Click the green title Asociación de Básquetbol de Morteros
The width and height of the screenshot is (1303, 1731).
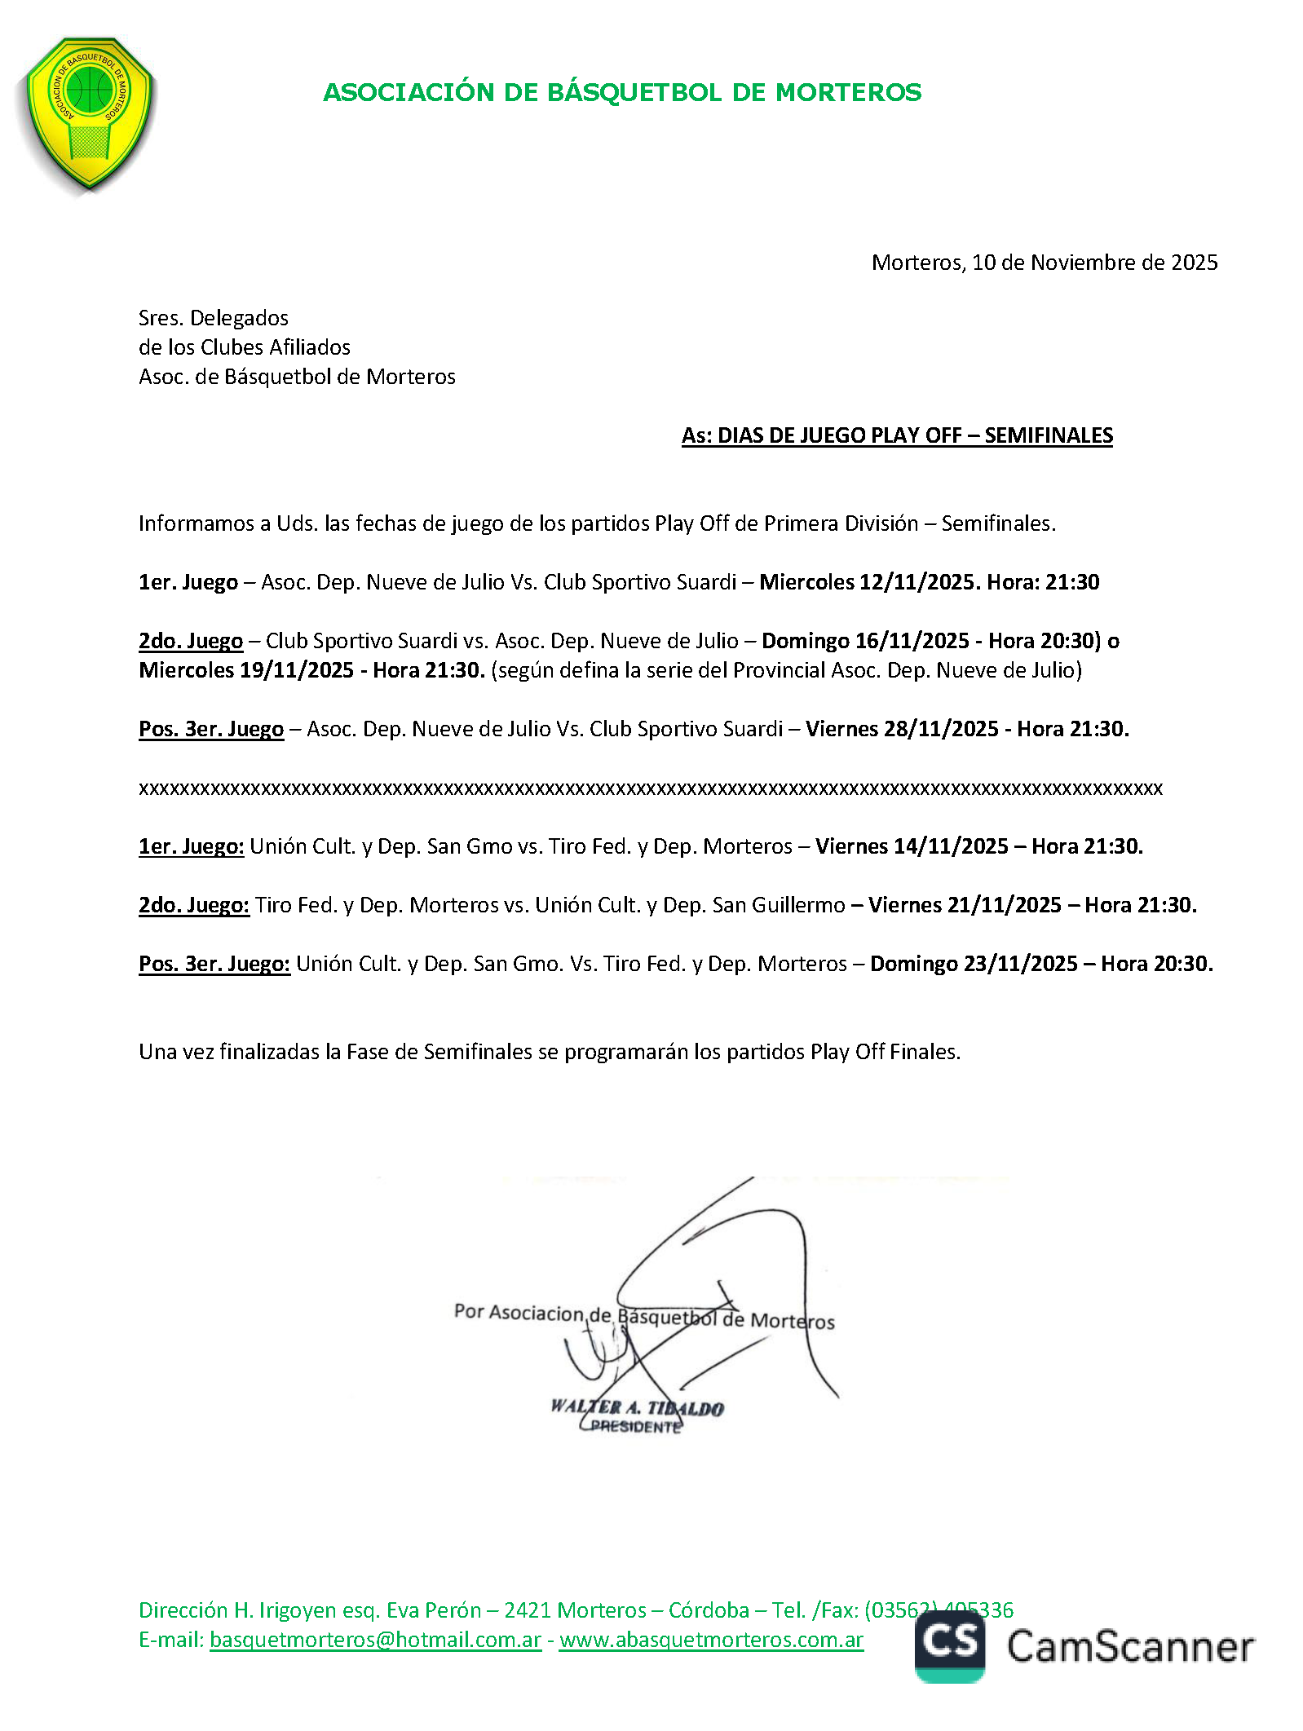(622, 92)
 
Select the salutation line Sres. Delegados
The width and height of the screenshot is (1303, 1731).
(213, 318)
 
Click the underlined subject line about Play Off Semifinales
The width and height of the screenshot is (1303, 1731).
(897, 435)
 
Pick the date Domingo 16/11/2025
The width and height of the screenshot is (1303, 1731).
(865, 641)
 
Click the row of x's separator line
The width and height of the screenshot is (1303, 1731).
(650, 788)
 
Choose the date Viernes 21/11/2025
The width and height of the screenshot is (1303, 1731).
(965, 905)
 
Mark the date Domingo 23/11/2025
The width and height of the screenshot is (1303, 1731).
(974, 964)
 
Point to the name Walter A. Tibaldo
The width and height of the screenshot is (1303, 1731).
(637, 1407)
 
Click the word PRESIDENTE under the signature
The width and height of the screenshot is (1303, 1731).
(635, 1427)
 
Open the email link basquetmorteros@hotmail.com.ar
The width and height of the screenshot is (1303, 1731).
(375, 1640)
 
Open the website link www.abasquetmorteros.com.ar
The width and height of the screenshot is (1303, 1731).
(711, 1640)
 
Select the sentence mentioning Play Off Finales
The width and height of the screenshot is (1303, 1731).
(549, 1052)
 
